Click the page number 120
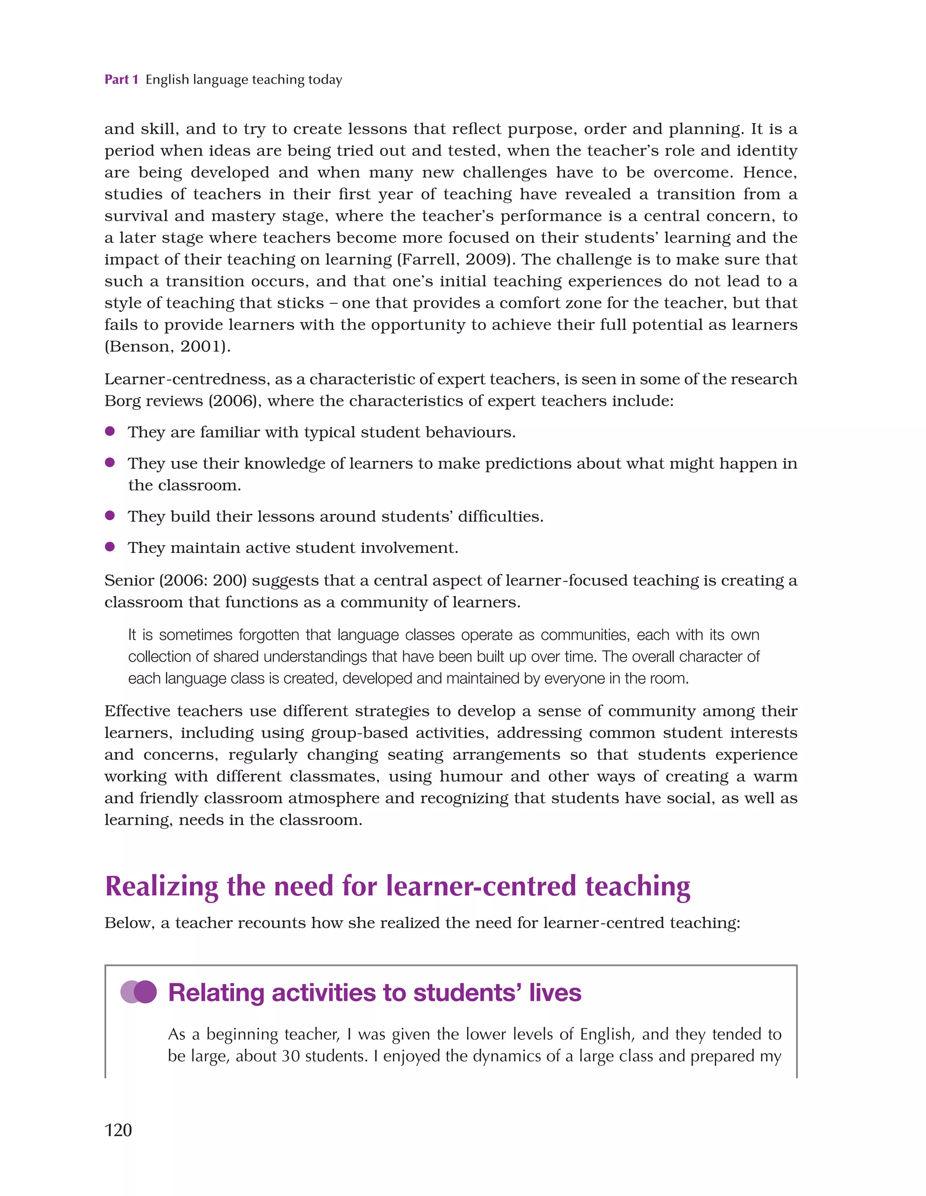coord(118,1130)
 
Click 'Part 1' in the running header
coord(121,80)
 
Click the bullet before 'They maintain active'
coord(109,546)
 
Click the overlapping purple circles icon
coord(139,992)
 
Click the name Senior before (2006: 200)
coord(129,580)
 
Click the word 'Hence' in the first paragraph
coord(769,173)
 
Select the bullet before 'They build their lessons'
coord(109,515)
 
